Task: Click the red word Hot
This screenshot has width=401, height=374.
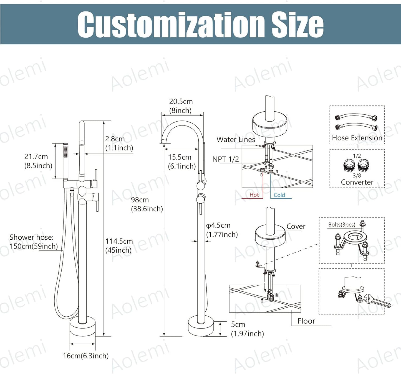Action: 254,195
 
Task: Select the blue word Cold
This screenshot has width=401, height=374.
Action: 279,195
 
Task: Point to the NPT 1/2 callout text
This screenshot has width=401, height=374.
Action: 226,159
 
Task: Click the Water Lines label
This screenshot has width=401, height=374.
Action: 236,140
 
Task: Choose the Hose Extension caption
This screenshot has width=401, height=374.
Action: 357,138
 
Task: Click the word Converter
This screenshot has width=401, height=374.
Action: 357,182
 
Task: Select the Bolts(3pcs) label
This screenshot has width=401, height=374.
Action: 342,225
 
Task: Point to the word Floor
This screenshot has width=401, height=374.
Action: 306,321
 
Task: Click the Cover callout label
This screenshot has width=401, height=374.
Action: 296,226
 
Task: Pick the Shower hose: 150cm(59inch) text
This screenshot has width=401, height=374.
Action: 34,242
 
